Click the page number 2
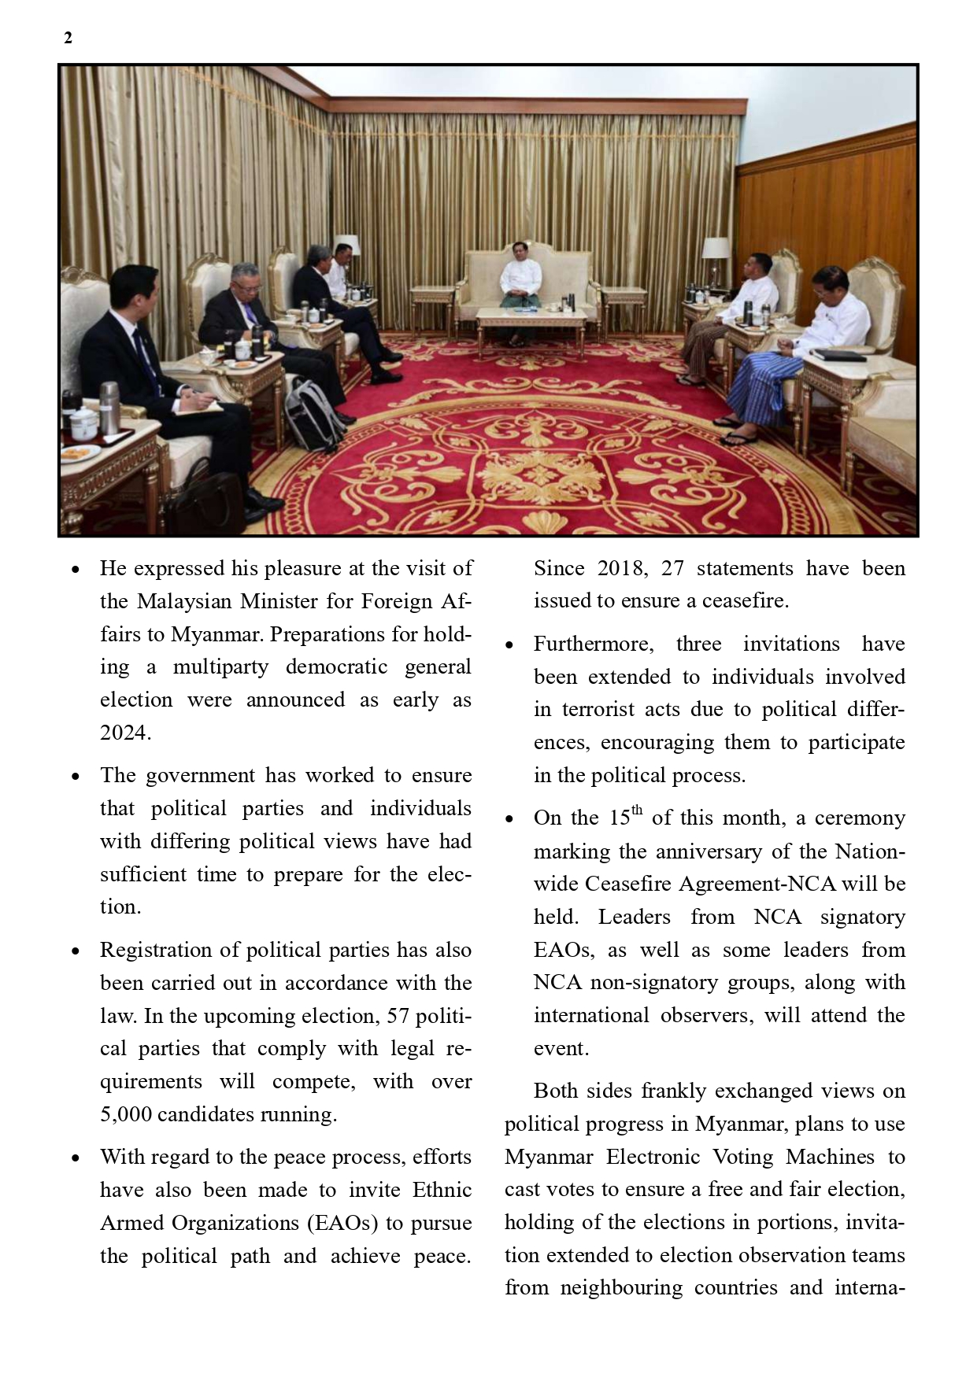coord(68,38)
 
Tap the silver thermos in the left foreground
coord(109,408)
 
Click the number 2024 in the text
coord(124,733)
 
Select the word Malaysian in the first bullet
coord(184,601)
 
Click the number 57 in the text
coord(398,1016)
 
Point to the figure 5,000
coord(125,1114)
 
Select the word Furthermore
coord(593,644)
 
